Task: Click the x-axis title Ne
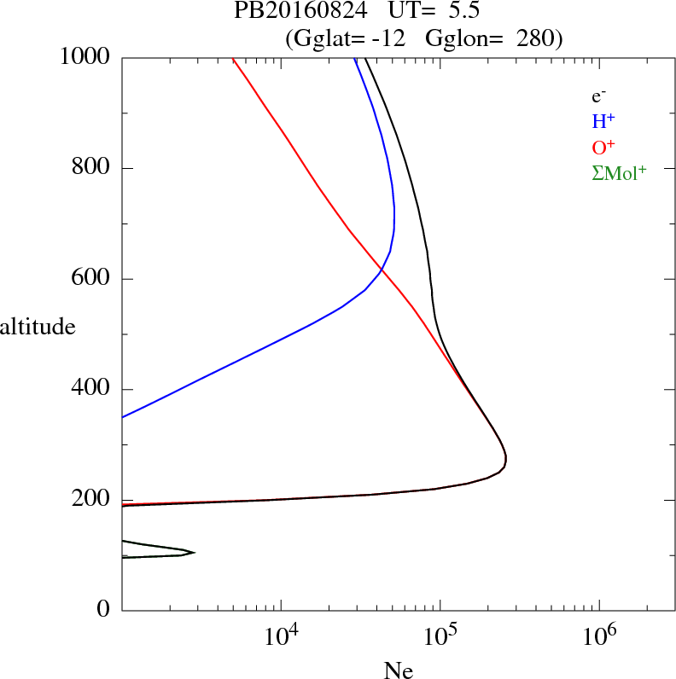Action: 399,670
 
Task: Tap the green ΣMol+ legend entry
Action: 619,172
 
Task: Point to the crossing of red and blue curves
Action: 380,270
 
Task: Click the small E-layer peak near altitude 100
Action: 194,553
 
